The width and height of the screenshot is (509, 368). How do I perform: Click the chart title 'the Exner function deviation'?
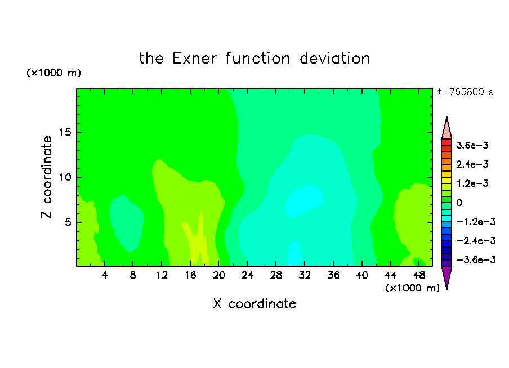(x=254, y=59)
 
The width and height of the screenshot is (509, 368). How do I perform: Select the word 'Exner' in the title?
(x=194, y=59)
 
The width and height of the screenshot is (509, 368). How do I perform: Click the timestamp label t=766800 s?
(x=466, y=92)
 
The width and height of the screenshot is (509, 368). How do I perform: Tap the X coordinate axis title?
(x=254, y=303)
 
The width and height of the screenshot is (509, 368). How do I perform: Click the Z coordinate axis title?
(x=46, y=177)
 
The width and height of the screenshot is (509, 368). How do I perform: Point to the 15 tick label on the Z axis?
(x=65, y=132)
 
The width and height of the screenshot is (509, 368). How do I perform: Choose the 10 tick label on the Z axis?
(x=65, y=177)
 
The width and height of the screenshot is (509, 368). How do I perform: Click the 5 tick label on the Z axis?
(x=68, y=222)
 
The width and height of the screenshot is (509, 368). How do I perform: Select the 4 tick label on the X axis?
(x=104, y=275)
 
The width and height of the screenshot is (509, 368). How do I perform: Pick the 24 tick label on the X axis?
(x=247, y=275)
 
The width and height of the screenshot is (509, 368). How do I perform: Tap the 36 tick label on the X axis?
(x=333, y=275)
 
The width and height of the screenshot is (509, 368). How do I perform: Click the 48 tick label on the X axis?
(x=419, y=275)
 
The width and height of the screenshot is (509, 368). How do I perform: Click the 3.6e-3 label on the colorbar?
(x=472, y=145)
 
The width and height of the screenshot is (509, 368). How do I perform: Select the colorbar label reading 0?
(x=459, y=203)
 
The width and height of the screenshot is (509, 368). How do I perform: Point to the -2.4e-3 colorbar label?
(x=476, y=240)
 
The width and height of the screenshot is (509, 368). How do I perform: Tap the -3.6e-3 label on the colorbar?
(x=476, y=259)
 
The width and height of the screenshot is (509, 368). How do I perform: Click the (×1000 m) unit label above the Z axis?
(x=53, y=73)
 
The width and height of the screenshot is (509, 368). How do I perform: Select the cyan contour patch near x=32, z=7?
(x=304, y=200)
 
